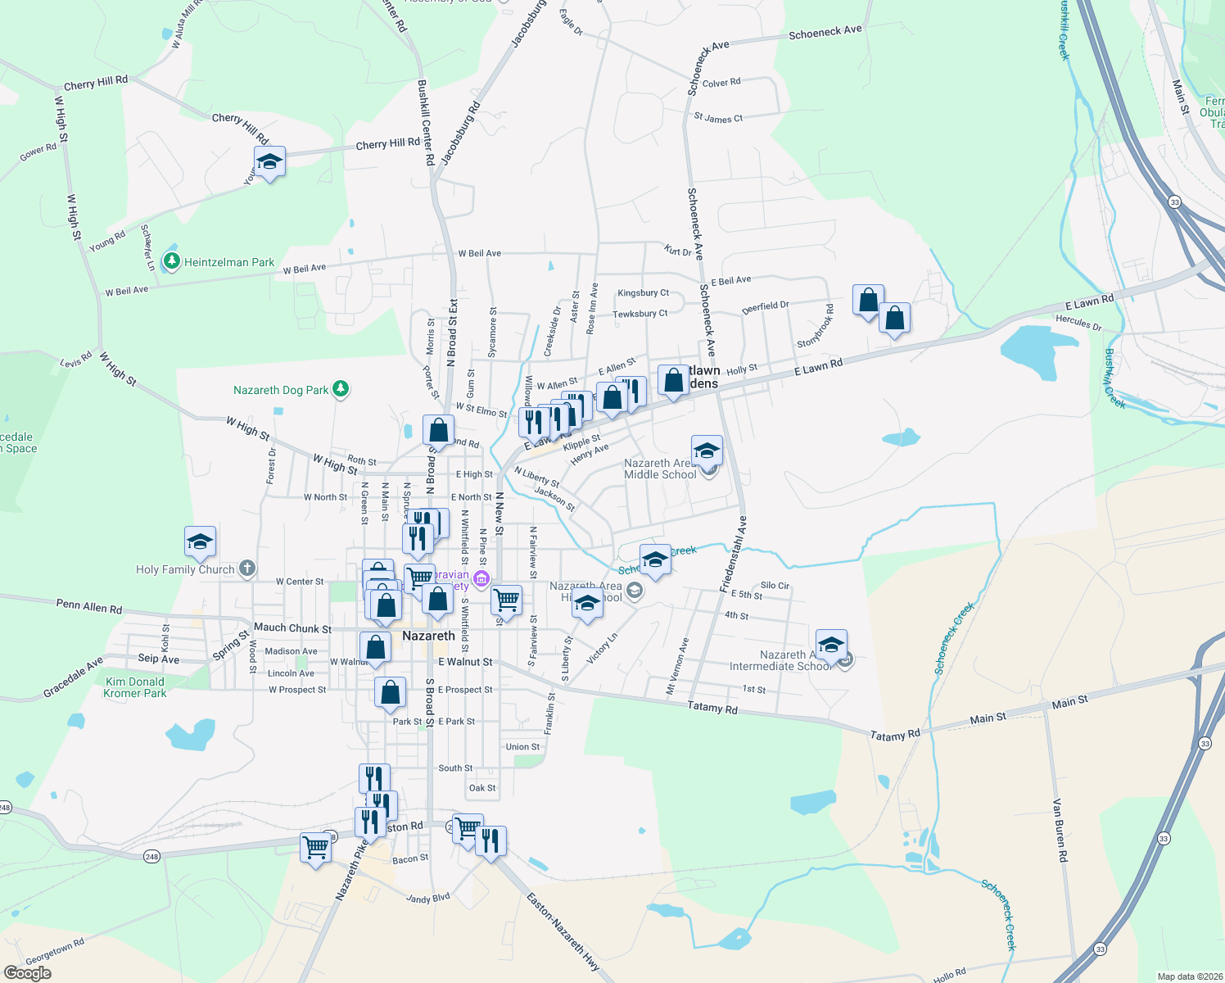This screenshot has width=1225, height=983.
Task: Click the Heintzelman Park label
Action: [228, 262]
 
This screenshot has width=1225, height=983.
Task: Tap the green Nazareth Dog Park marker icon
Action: [341, 389]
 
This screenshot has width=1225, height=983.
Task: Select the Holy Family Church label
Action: [185, 569]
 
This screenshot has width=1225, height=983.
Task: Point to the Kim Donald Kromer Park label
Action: [135, 687]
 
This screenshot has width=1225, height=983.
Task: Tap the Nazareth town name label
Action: [428, 636]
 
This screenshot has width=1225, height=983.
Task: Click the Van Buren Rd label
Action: [1060, 830]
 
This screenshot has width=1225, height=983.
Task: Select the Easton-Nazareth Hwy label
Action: [563, 932]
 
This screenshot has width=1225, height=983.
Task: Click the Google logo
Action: [27, 972]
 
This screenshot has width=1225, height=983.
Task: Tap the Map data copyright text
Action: [1187, 976]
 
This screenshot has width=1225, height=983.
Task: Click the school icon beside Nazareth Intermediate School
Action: [831, 645]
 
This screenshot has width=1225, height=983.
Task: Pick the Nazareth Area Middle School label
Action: [660, 469]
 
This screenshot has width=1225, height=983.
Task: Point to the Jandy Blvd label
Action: [428, 899]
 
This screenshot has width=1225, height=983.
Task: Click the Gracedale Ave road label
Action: [74, 677]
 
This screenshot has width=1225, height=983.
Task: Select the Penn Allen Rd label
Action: [89, 606]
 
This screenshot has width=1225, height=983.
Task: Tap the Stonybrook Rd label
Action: [816, 327]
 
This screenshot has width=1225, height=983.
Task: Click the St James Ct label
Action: [718, 118]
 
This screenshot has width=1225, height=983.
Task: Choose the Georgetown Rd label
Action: [55, 952]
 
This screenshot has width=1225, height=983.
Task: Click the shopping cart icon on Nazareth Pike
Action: [315, 848]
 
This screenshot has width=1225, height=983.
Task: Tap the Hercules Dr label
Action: [1078, 322]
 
